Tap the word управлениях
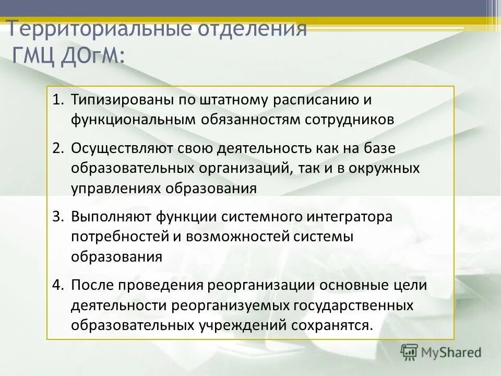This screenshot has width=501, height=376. (115, 189)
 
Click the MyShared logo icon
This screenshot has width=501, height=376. (410, 352)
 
